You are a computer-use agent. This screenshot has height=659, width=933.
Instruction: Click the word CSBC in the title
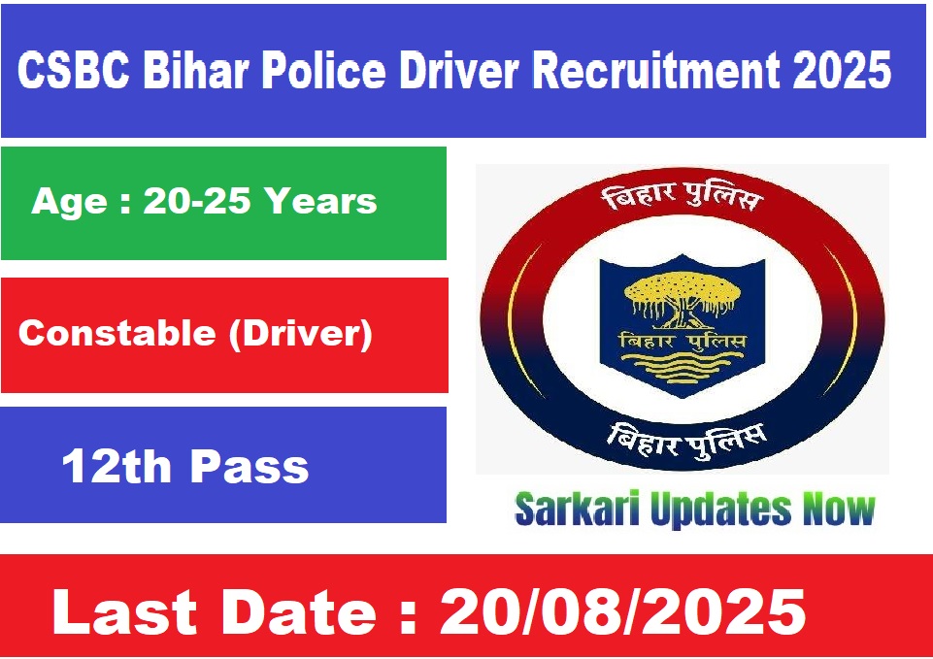(74, 70)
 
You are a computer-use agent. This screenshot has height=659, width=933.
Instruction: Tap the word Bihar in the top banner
(196, 70)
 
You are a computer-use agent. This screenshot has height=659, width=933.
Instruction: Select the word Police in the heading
(324, 70)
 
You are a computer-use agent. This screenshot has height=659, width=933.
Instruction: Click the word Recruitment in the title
(655, 70)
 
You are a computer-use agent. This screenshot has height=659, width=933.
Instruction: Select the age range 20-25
(196, 201)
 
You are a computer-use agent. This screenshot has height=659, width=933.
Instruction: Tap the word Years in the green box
(320, 201)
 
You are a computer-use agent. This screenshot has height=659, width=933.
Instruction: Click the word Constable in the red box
(117, 333)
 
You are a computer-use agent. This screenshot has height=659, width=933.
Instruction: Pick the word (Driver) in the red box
(301, 334)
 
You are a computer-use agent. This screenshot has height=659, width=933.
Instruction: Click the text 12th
(117, 466)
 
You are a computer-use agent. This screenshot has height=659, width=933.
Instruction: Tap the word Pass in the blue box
(250, 466)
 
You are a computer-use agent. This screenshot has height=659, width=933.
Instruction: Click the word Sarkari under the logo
(577, 510)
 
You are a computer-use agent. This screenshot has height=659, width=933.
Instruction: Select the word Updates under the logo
(721, 511)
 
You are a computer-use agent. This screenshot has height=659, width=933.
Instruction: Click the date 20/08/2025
(622, 612)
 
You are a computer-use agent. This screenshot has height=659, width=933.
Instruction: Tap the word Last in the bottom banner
(124, 612)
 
